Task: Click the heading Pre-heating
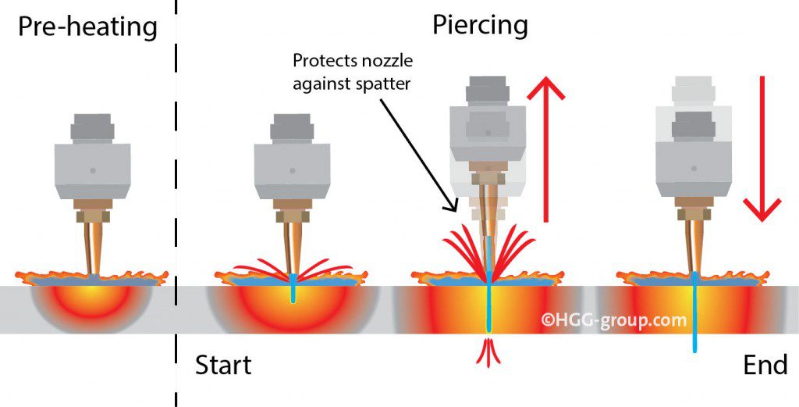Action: [x=88, y=27]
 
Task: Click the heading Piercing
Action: [x=480, y=26]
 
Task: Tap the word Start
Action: [x=223, y=366]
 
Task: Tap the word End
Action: [x=765, y=366]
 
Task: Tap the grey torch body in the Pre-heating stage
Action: [x=93, y=169]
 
